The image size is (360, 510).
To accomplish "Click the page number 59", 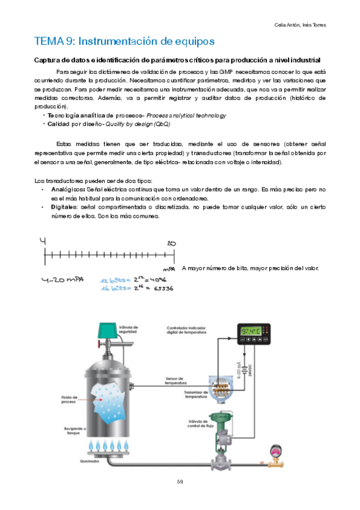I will pyautogui.click(x=180, y=481).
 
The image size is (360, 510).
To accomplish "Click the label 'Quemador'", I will pyautogui.click(x=88, y=462).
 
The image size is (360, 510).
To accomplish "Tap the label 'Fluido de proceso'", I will pyautogui.click(x=69, y=399).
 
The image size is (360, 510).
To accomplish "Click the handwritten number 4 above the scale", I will pyautogui.click(x=43, y=241).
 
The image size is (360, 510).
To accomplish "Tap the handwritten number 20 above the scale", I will pyautogui.click(x=170, y=244).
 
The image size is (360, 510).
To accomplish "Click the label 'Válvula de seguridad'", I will pyautogui.click(x=131, y=328).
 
